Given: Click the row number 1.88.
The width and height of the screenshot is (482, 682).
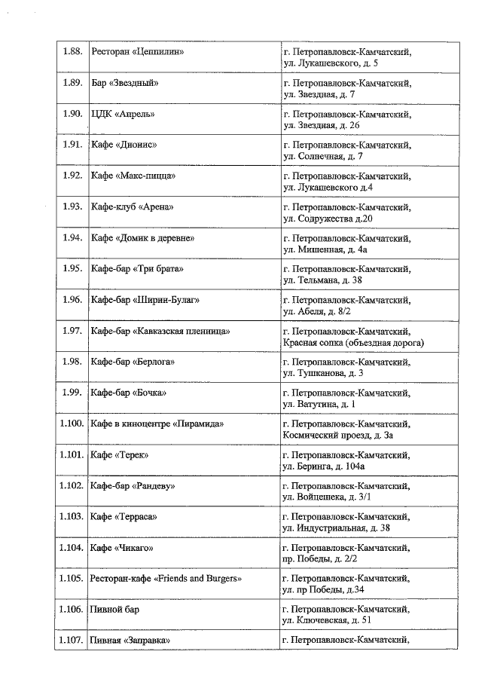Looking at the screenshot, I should (72, 52).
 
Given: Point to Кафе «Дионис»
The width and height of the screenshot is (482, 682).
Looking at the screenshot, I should (124, 145).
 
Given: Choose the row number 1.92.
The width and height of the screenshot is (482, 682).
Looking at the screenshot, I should (72, 176).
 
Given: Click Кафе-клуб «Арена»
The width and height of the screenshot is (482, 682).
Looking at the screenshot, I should (133, 206).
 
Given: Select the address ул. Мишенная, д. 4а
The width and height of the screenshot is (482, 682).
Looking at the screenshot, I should (325, 249).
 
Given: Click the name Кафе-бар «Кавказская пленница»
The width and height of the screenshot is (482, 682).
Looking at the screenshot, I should (160, 331).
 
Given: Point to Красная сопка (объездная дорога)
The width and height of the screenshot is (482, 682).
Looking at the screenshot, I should (353, 342).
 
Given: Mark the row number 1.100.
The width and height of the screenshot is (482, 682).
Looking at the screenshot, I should (71, 424).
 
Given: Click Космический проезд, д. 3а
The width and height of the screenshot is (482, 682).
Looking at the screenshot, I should (337, 435).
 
